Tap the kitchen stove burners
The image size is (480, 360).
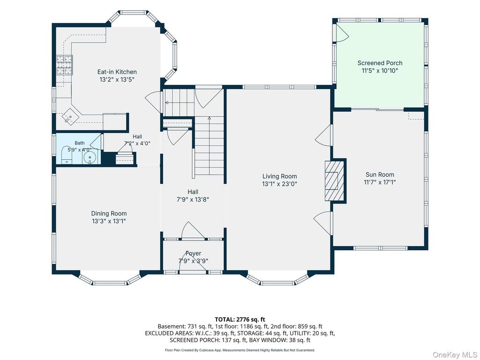coord(65,65)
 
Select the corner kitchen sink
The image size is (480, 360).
coord(70,116)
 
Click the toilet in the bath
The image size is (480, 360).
coord(67,156)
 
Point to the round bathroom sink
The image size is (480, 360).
coord(90,157)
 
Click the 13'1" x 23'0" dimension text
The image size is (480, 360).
coord(279,184)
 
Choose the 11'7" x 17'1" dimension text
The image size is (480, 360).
coord(380,182)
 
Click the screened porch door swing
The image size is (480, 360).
coord(342,33)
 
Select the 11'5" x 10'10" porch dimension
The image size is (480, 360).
coord(380,71)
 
